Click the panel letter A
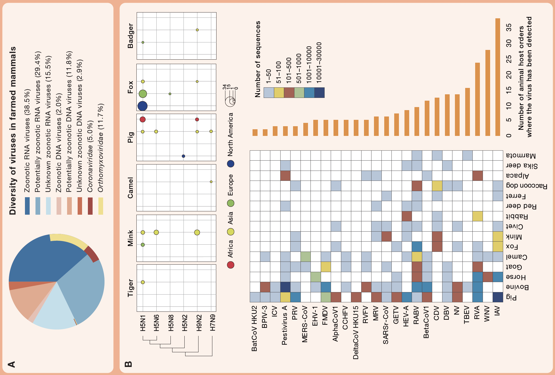click(x=12, y=364)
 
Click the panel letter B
click(x=128, y=364)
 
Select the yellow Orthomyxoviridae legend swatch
click(x=101, y=206)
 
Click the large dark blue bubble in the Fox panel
click(x=142, y=106)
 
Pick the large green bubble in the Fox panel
click(x=142, y=94)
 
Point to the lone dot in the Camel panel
click(x=211, y=182)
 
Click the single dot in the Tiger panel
click(x=143, y=282)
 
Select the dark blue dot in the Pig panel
click(x=183, y=156)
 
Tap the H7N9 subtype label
click(x=213, y=323)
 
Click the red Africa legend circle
click(x=230, y=265)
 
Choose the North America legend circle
click(x=230, y=164)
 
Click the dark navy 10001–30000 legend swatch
click(x=319, y=93)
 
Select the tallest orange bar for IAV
click(x=498, y=77)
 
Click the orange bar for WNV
click(x=488, y=93)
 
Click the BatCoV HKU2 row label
click(x=254, y=328)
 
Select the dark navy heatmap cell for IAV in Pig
click(x=498, y=297)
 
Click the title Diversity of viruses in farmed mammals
click(x=13, y=131)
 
